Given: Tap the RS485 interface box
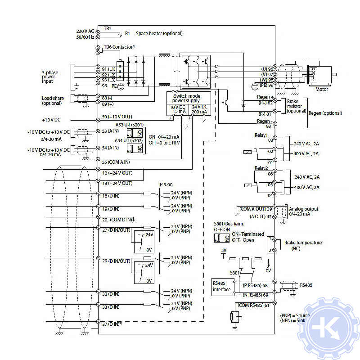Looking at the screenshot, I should coord(221,286).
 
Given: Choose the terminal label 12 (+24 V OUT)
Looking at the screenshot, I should coord(117,173).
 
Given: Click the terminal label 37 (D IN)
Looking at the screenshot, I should coord(112,324).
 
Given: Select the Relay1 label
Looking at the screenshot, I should coord(261,135).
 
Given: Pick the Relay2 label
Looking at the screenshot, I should coord(261,168).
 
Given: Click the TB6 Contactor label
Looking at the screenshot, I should coord(119,47).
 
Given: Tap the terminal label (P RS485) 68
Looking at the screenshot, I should coord(256,285).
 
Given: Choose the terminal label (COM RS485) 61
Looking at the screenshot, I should coord(253,306).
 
